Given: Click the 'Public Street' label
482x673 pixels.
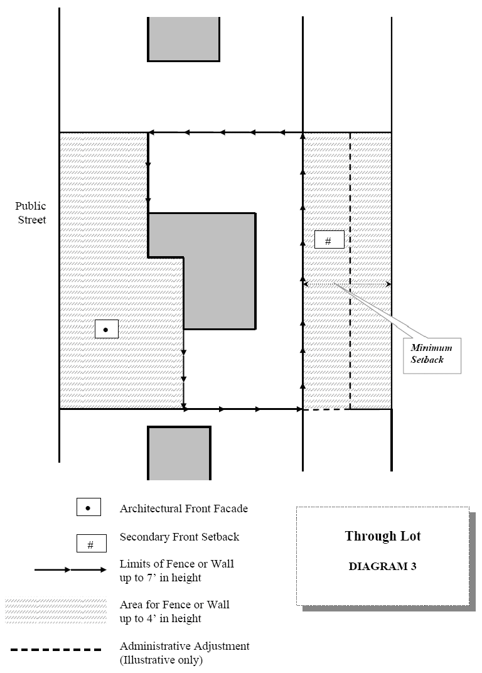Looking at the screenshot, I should pos(31,213).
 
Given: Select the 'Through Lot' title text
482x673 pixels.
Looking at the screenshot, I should pos(382,536).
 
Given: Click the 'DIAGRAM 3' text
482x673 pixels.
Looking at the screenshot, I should pos(382,566).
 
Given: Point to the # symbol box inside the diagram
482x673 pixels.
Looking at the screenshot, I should pos(328,240).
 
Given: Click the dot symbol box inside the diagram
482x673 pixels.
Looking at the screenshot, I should pos(106,329).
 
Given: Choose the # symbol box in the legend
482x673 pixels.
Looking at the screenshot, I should pos(90,544).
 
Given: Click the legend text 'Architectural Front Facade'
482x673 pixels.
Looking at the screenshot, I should pos(183,509).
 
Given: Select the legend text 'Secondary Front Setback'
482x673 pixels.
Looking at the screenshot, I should pos(179,537).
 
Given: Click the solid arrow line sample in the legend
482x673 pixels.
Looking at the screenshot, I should pos(70,570).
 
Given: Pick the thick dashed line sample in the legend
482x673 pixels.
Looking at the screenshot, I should pos(55,650).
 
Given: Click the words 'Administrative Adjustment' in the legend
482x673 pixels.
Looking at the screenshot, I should pos(185,646).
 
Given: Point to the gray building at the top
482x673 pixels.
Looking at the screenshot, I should pos(183,39).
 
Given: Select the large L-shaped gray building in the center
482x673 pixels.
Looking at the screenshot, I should pos(219,270).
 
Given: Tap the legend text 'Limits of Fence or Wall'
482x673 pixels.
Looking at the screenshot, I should pos(176,564).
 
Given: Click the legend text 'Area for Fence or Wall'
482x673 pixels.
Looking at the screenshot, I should pos(174,605).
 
